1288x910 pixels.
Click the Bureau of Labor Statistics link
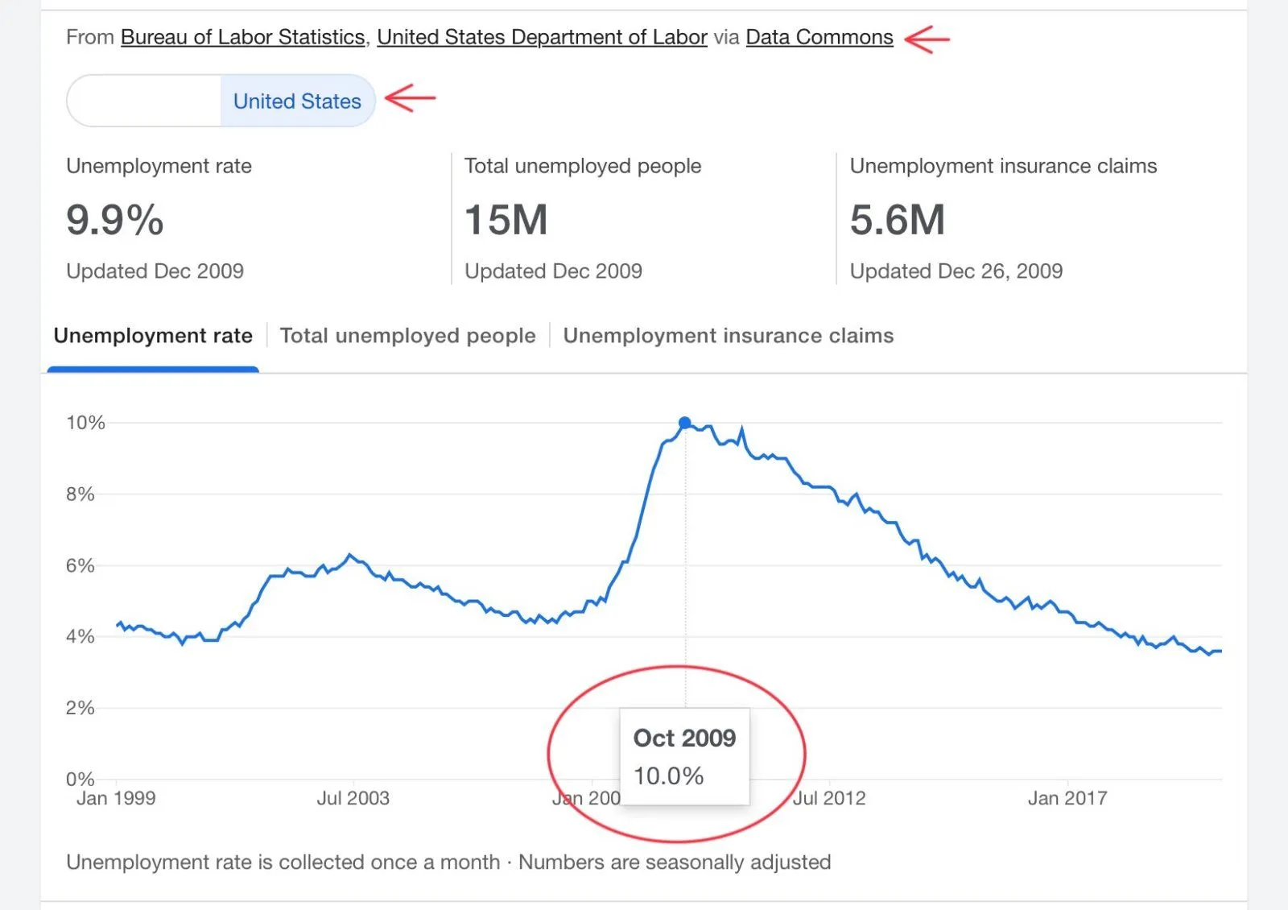[242, 38]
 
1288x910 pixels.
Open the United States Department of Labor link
[542, 38]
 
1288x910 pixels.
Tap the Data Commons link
[819, 38]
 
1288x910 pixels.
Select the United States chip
[297, 101]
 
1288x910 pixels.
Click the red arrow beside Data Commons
[927, 38]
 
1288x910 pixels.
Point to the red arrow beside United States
[410, 98]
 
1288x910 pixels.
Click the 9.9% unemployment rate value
[115, 220]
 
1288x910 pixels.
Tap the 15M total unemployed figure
[506, 220]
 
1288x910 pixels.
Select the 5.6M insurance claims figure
[898, 220]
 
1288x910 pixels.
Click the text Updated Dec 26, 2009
[956, 271]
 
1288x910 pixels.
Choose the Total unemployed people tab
[407, 336]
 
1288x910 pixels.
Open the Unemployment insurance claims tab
[728, 336]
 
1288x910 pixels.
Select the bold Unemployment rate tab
[153, 336]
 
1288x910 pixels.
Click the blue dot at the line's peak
[685, 423]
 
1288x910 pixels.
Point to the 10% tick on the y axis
[85, 423]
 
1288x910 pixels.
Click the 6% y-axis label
[80, 565]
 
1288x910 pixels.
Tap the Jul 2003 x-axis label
[353, 798]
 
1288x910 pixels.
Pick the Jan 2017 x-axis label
[1067, 798]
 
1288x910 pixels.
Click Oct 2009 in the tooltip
[684, 738]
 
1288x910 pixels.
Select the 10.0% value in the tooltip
[668, 776]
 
